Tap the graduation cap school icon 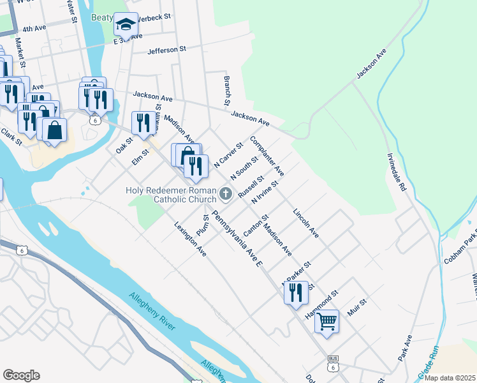[x=126, y=26]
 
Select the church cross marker [x=225, y=193]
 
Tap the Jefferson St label [x=166, y=49]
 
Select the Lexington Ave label [x=191, y=239]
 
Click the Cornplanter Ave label [x=267, y=155]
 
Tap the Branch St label [x=226, y=91]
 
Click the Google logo [x=21, y=375]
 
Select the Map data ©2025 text [x=451, y=378]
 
